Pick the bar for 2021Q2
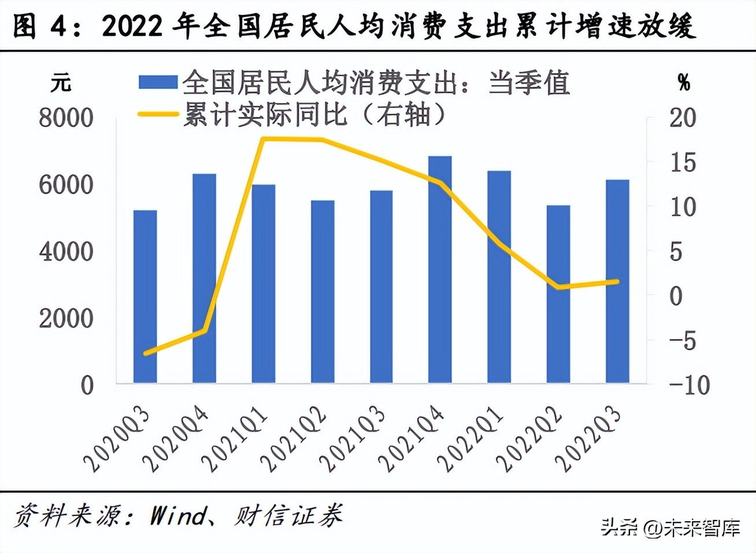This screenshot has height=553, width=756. point(323,292)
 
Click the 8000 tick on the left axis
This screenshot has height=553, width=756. point(66,118)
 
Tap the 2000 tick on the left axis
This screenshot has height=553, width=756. point(66,318)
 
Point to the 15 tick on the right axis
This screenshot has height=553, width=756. point(683,163)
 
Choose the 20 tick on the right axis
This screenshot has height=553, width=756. point(683,118)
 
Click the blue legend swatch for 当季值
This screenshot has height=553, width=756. point(158,82)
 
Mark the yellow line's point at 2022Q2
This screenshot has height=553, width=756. point(558,286)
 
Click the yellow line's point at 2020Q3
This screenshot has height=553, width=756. point(145,353)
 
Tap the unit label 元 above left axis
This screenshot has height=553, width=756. point(61,83)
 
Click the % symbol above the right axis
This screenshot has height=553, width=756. point(684,83)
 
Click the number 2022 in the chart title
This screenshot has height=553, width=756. point(132,26)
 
